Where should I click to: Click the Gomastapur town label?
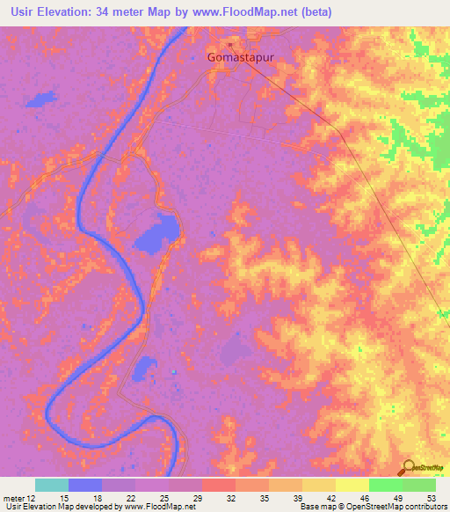239,57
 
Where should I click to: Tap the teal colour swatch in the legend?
51,485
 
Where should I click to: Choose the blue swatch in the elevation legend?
84,485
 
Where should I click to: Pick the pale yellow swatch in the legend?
352,485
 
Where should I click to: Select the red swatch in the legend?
218,485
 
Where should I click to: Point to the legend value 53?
431,497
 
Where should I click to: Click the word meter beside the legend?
13,497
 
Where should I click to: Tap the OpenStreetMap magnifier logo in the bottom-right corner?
409,467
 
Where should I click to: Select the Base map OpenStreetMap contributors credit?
372,507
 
